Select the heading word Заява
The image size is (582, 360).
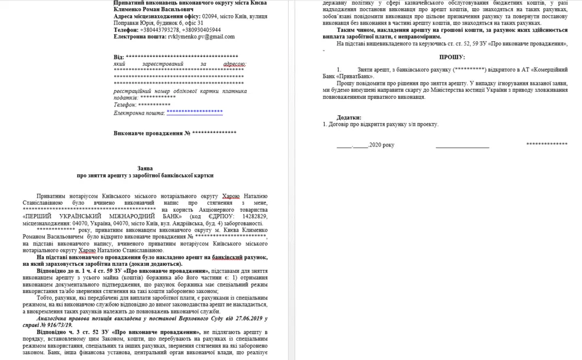pyautogui.click(x=146, y=166)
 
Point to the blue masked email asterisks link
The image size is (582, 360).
pyautogui.click(x=195, y=111)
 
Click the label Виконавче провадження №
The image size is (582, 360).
pyautogui.click(x=152, y=133)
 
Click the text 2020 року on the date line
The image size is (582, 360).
pyautogui.click(x=382, y=145)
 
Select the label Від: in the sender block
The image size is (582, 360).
pyautogui.click(x=118, y=57)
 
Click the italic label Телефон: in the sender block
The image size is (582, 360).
pyautogui.click(x=125, y=105)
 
